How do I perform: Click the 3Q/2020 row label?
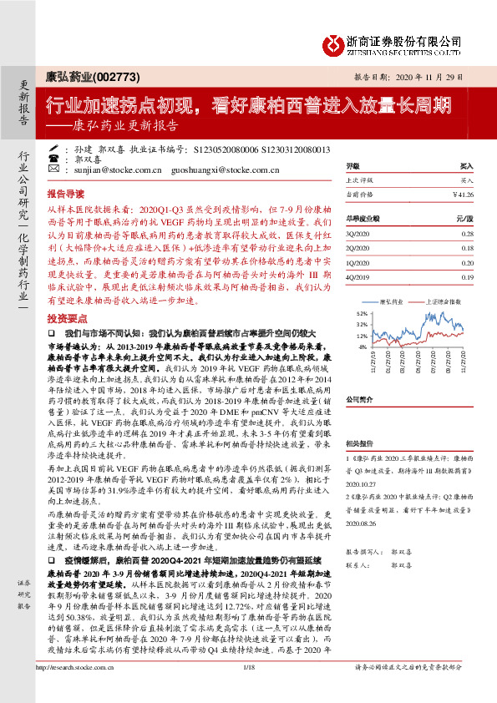[357, 234]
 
